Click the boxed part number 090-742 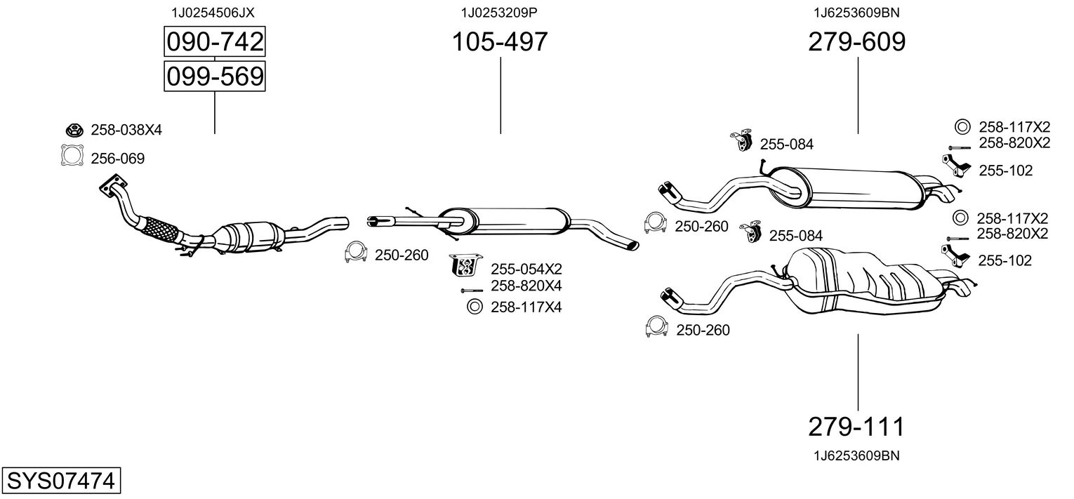[x=214, y=43]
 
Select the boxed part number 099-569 [x=214, y=76]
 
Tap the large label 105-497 [x=499, y=43]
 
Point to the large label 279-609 [x=856, y=43]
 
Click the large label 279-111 [x=856, y=426]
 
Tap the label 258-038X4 [x=126, y=130]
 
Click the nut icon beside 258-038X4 [x=73, y=129]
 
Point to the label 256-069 [x=117, y=159]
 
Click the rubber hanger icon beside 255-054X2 [x=465, y=265]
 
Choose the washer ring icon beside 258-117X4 [x=473, y=306]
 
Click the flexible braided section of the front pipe [x=159, y=228]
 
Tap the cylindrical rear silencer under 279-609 [x=860, y=188]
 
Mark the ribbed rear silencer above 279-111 [x=863, y=281]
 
